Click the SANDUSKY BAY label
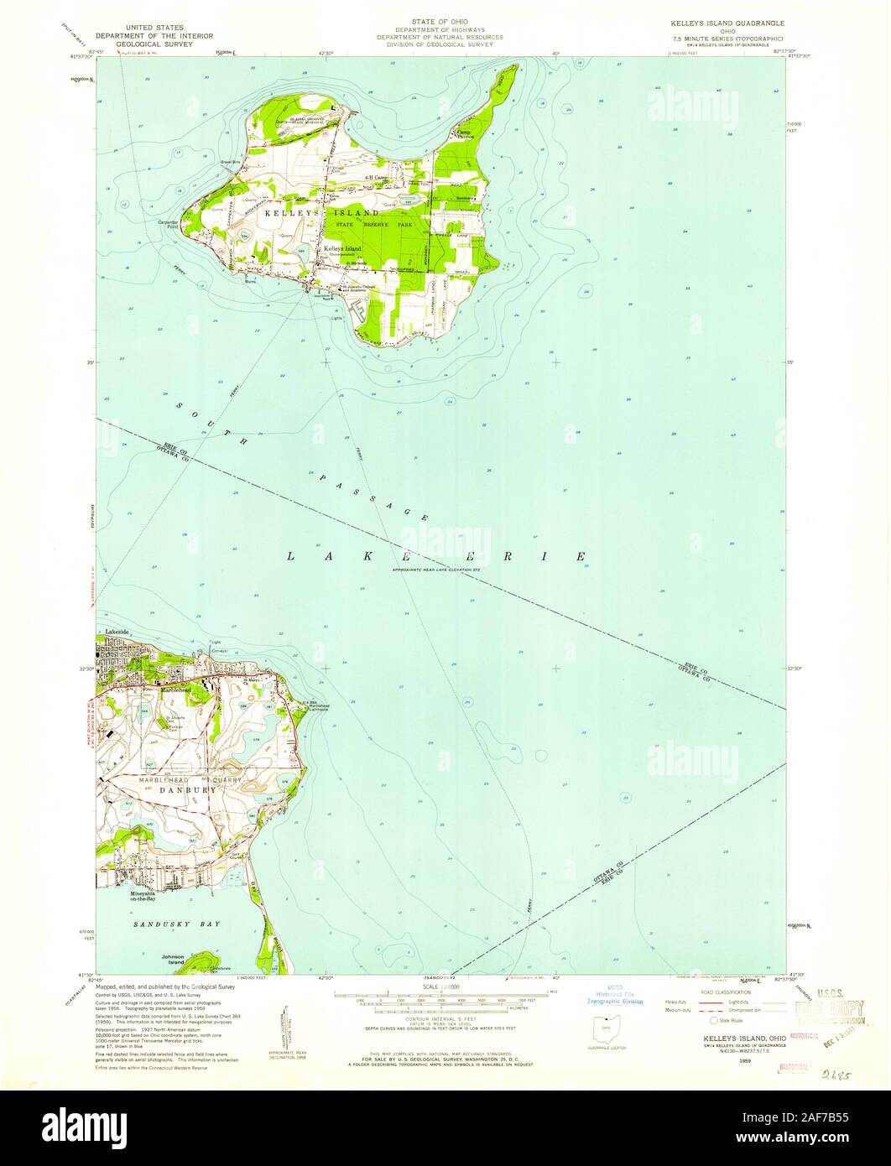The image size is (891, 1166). click(x=163, y=924)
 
